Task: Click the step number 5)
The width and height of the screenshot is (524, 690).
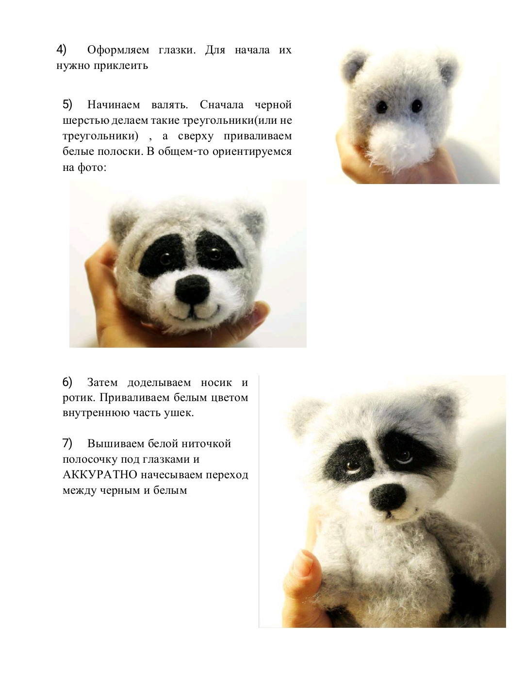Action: pos(67,104)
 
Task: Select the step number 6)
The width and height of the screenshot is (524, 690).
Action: pos(67,382)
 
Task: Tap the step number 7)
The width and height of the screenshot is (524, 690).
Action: pos(67,443)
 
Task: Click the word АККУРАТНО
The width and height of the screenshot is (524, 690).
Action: pos(100,474)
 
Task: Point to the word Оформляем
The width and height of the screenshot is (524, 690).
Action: pos(118,50)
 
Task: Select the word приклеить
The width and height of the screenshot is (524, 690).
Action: pos(124,66)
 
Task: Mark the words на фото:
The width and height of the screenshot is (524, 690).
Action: pos(84,168)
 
